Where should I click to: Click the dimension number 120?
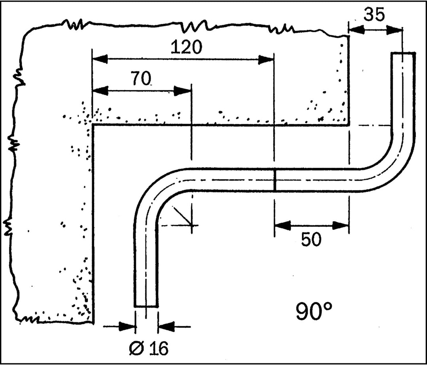point(187,47)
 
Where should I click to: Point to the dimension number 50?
point(311,240)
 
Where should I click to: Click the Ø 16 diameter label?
point(149,348)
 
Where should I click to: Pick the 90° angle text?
point(314,311)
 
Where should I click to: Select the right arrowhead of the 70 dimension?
point(182,91)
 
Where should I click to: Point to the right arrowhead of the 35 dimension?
point(395,30)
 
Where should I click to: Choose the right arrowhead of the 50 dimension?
point(341,226)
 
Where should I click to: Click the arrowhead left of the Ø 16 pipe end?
point(127,326)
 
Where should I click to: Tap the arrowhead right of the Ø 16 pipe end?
point(166,326)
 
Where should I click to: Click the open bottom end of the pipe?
point(146,306)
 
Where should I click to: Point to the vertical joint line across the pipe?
point(274,180)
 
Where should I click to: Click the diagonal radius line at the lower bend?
point(182,216)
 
